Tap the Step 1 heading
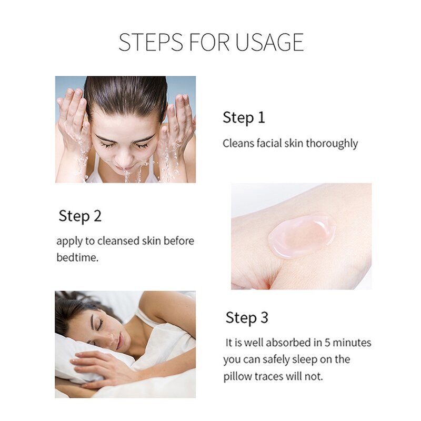pyautogui.click(x=244, y=117)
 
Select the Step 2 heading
pyautogui.click(x=80, y=216)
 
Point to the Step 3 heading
pyautogui.click(x=247, y=318)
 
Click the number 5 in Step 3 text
pyautogui.click(x=313, y=343)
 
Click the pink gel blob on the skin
pyautogui.click(x=301, y=235)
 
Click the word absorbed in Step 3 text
pyautogui.click(x=287, y=343)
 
